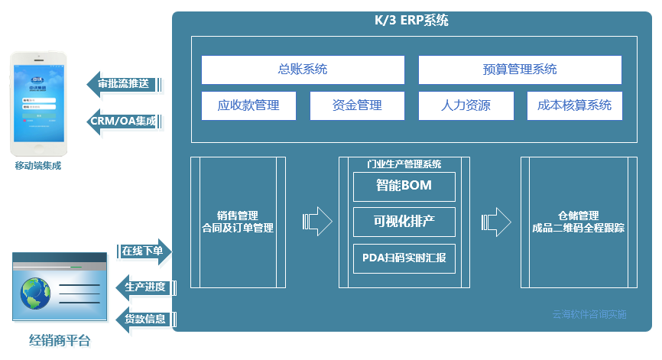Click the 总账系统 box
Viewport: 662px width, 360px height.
[303, 70]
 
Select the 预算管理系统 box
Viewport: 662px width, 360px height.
[520, 70]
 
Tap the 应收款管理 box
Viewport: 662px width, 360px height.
[248, 105]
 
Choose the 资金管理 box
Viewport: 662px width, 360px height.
[357, 105]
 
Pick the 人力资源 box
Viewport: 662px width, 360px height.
[466, 105]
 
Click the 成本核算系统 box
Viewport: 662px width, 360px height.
[574, 105]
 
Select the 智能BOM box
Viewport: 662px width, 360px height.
[404, 186]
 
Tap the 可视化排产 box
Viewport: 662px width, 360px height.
[404, 222]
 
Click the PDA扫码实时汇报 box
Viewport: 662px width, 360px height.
[404, 258]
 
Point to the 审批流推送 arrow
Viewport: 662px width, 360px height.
[125, 84]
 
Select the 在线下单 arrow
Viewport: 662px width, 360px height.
[144, 251]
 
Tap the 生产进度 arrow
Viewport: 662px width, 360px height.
[144, 287]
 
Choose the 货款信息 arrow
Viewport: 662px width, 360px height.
[144, 319]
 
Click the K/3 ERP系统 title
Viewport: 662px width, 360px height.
[412, 21]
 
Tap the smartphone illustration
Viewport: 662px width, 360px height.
[37, 102]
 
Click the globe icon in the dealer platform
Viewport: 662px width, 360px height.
[37, 291]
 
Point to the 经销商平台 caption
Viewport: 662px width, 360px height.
[59, 341]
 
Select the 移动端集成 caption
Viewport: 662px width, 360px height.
[37, 165]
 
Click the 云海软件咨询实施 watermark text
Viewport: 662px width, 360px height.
[589, 314]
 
